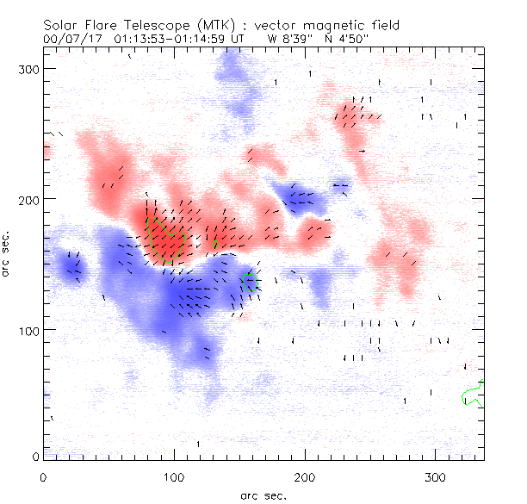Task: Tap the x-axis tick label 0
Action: pos(43,476)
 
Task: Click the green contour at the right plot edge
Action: pos(472,395)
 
